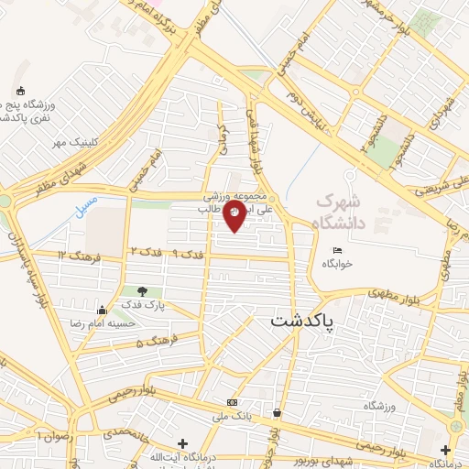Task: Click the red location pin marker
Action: [x=234, y=216]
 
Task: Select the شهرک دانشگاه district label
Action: [x=339, y=211]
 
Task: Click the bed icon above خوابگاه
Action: [x=337, y=250]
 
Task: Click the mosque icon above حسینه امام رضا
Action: [x=102, y=311]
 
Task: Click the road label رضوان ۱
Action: [x=53, y=433]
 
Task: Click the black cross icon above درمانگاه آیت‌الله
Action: [x=182, y=443]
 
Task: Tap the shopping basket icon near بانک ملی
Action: [x=276, y=412]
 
